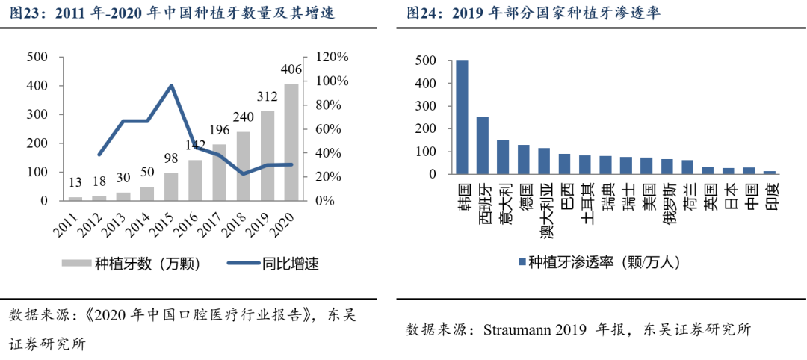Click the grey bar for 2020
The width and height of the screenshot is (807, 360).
tap(291, 142)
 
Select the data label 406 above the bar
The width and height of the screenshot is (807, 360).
tap(291, 70)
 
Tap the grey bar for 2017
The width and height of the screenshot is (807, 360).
tap(220, 173)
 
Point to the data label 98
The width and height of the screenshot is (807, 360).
tap(171, 158)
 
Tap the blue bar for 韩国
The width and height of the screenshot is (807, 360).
tap(463, 117)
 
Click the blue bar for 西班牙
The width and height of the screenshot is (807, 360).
tap(483, 146)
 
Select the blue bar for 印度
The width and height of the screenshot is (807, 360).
tap(769, 173)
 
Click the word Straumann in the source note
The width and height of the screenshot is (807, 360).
tap(520, 329)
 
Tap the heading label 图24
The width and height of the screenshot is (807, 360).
tap(423, 13)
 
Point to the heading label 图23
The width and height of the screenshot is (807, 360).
tap(26, 13)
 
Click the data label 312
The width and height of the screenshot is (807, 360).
tap(268, 97)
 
